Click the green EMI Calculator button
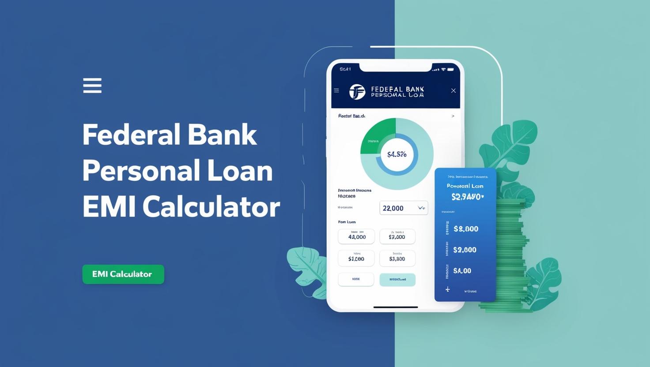pyautogui.click(x=123, y=274)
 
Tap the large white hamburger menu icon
pyautogui.click(x=92, y=86)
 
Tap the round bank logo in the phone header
pyautogui.click(x=357, y=92)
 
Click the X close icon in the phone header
pyautogui.click(x=453, y=90)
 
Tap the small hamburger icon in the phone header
pyautogui.click(x=336, y=90)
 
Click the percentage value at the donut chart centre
pyautogui.click(x=397, y=154)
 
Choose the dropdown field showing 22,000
pyautogui.click(x=404, y=208)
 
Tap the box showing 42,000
pyautogui.click(x=356, y=236)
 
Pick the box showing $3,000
pyautogui.click(x=397, y=236)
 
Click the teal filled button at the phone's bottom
pyautogui.click(x=397, y=280)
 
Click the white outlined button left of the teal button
pyautogui.click(x=356, y=280)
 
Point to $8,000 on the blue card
pyautogui.click(x=466, y=229)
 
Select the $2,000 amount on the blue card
pyautogui.click(x=465, y=250)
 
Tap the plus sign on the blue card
pyautogui.click(x=448, y=289)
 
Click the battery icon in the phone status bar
pyautogui.click(x=450, y=69)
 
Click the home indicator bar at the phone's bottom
pyautogui.click(x=396, y=307)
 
